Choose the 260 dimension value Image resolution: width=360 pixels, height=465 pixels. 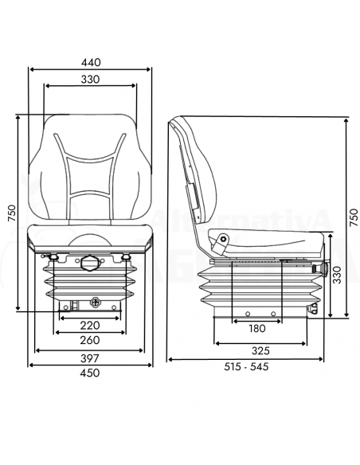pyautogui.click(x=89, y=341)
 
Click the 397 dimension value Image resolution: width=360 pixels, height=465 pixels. pyautogui.click(x=90, y=358)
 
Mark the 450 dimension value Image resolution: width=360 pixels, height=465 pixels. pyautogui.click(x=90, y=373)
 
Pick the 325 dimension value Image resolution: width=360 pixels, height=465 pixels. pyautogui.click(x=260, y=350)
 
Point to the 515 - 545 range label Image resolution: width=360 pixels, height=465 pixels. pyautogui.click(x=247, y=367)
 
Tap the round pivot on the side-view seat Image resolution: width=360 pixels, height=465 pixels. pyautogui.click(x=224, y=238)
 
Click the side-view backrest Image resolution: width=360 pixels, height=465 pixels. pyautogui.click(x=198, y=171)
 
